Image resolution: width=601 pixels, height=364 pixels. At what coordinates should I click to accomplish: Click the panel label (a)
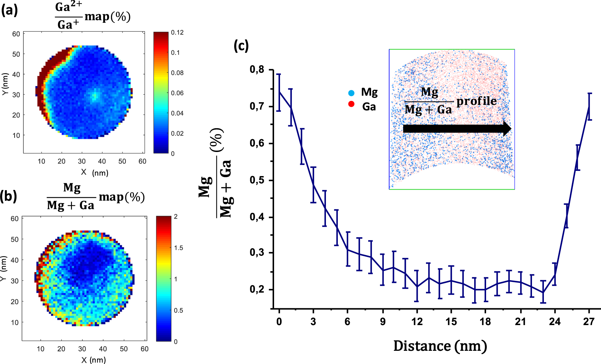(x=9, y=11)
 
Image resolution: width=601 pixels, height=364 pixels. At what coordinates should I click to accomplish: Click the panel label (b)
(x=8, y=196)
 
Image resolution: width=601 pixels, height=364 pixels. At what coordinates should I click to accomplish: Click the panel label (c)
(x=241, y=45)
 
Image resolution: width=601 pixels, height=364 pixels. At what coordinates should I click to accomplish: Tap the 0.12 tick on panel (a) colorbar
(x=177, y=32)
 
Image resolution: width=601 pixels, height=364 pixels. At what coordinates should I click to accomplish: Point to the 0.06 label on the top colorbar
(x=177, y=93)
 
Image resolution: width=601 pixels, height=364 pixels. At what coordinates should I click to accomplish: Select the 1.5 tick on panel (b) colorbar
(x=178, y=248)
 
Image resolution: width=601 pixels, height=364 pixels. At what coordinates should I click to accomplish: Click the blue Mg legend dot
(x=351, y=93)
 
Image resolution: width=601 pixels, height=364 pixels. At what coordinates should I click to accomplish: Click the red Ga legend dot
(x=351, y=104)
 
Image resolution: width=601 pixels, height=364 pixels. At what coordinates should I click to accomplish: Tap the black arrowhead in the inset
(x=507, y=129)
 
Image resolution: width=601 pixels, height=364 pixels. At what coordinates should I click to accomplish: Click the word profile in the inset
(x=477, y=101)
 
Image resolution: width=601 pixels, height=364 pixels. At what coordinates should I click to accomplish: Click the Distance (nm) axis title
(x=440, y=346)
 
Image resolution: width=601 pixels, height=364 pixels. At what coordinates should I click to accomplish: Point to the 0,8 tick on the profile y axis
(x=257, y=70)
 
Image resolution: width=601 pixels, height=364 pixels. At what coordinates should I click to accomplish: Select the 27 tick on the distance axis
(x=589, y=321)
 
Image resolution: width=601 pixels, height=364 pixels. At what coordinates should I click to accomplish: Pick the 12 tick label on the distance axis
(x=417, y=321)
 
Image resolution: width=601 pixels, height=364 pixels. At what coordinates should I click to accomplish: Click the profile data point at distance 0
(x=279, y=92)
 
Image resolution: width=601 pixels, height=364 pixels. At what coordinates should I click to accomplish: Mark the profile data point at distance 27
(x=589, y=106)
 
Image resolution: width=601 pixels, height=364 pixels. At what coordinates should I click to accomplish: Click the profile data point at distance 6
(x=348, y=250)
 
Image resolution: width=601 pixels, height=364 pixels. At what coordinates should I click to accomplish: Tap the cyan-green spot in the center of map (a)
(x=95, y=96)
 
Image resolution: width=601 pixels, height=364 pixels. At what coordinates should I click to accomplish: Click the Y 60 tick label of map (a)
(x=16, y=34)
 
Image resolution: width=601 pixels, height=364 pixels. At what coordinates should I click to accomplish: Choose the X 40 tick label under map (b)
(x=103, y=349)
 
